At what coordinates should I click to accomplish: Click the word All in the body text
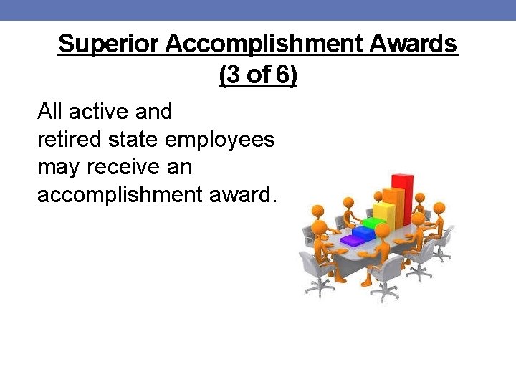coord(49,112)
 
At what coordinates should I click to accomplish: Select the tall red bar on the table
coord(402,197)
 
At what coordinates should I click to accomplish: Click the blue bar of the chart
coord(365,233)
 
